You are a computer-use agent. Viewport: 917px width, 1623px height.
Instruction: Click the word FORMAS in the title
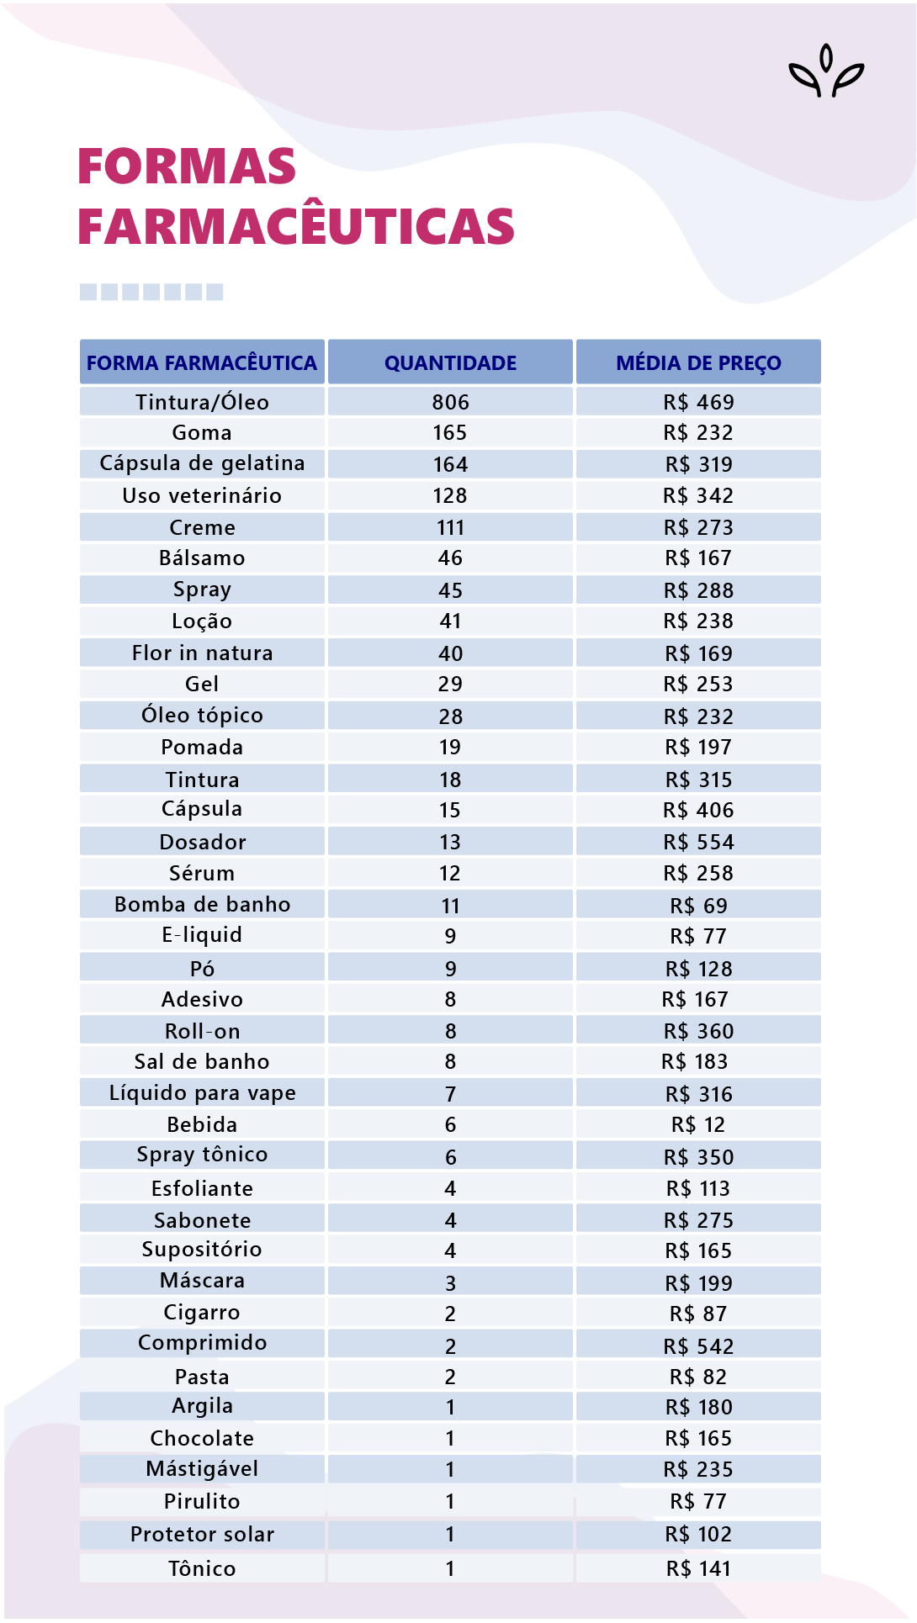(187, 167)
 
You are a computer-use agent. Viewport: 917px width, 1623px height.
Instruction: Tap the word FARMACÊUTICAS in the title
(296, 227)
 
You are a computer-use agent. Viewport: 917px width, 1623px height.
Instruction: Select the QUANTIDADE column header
(450, 362)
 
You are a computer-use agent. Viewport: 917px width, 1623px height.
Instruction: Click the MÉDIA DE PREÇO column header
(698, 362)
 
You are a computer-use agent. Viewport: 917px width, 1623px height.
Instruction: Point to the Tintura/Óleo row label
(202, 402)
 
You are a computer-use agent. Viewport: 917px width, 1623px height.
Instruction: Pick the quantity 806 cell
(450, 402)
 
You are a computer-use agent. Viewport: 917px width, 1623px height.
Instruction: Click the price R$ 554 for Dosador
(698, 842)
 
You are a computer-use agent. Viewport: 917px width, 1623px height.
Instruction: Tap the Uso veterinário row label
(202, 495)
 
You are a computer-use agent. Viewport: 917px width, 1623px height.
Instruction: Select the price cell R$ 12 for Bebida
(698, 1124)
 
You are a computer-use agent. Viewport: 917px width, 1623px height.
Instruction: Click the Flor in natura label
(202, 653)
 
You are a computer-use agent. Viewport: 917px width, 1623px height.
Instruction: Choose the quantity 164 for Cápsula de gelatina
(450, 464)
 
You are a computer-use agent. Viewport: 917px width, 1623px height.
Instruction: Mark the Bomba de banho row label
(202, 905)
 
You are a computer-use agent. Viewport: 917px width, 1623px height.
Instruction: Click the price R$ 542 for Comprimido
(698, 1346)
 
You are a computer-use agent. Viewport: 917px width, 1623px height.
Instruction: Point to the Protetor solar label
(202, 1534)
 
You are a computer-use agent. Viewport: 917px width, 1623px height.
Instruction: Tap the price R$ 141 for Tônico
(698, 1568)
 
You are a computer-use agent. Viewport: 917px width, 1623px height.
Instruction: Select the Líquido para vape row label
(202, 1093)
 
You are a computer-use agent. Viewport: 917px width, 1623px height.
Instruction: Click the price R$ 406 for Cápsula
(698, 810)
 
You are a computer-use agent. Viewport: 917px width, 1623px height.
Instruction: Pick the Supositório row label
(202, 1250)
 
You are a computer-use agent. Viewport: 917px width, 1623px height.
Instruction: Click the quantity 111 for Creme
(450, 527)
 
